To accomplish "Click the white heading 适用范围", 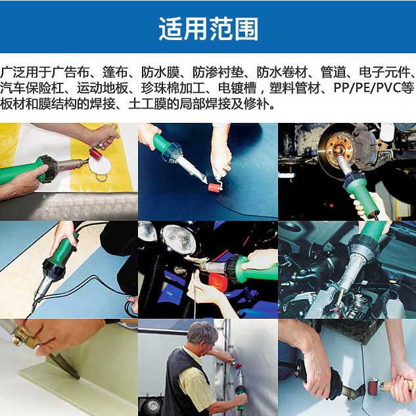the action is point(208,29).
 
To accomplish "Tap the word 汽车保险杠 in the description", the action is point(32,88).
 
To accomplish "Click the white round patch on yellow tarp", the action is point(100,165).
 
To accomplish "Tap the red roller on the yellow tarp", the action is point(95,154).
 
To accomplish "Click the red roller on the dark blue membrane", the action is point(214,187).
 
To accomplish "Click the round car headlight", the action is point(179,239).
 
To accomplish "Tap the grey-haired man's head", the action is point(202,336).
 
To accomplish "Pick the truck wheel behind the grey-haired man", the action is point(153,405).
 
